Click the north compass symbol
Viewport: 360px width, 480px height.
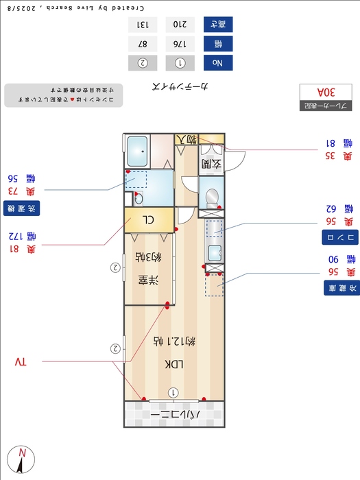coord(21,459)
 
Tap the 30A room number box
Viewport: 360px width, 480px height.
coord(326,92)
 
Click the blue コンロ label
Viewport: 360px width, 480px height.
coord(339,237)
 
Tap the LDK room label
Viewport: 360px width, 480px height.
coord(173,364)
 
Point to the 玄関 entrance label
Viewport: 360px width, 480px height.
coord(211,164)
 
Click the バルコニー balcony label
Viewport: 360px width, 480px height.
coord(174,415)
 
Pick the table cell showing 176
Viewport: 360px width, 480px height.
coord(181,43)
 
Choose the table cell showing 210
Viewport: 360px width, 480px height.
coord(181,24)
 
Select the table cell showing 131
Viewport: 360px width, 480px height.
coord(143,24)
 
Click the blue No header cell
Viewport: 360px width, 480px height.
coord(218,63)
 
